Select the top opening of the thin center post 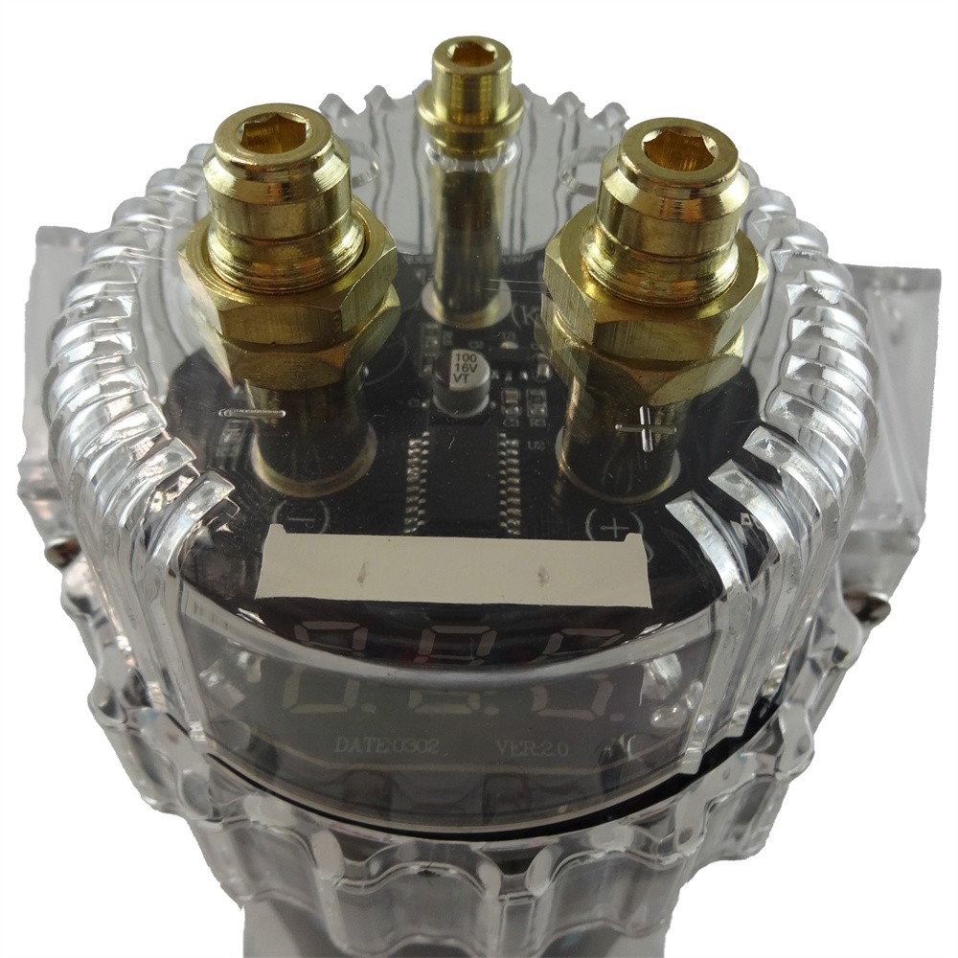(x=470, y=54)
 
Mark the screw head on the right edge (x=874, y=605)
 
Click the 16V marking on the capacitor (x=464, y=368)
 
